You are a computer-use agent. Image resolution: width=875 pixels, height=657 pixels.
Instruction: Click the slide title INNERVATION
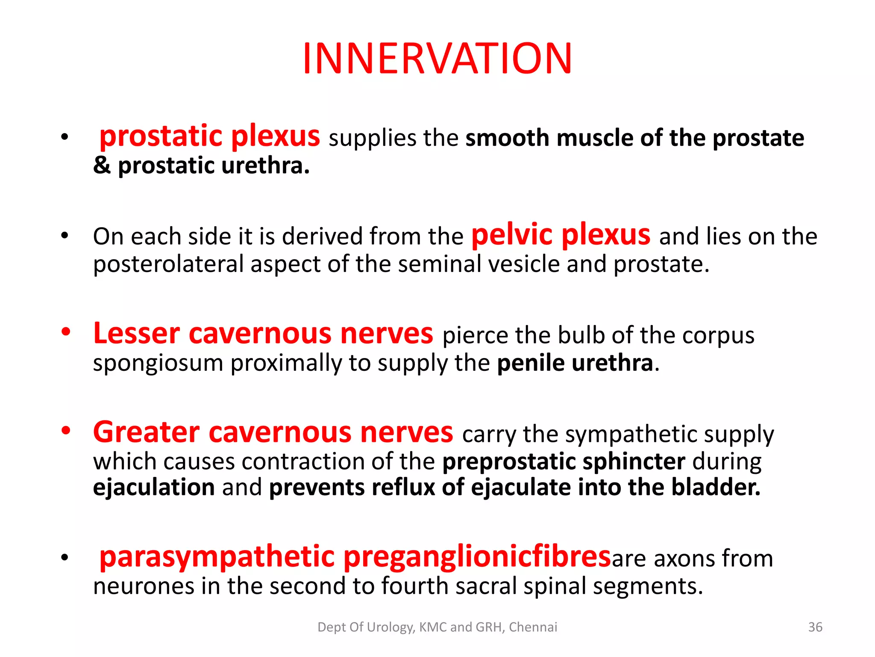[x=437, y=59]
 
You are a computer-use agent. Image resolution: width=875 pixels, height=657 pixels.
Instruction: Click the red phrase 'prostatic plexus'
[x=209, y=136]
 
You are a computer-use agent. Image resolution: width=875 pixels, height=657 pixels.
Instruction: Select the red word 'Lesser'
[x=137, y=334]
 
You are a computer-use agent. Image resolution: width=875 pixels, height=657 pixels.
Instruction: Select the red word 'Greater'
[x=147, y=432]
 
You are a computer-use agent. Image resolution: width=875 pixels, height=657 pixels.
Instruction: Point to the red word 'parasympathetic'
[x=217, y=558]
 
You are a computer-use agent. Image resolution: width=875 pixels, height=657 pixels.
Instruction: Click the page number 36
[x=815, y=627]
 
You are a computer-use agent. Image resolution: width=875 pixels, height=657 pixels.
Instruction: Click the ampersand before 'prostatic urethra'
[x=102, y=166]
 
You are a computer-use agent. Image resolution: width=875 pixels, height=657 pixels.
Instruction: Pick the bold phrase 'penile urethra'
[x=575, y=363]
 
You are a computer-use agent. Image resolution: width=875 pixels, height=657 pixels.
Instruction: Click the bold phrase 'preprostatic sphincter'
[x=564, y=462]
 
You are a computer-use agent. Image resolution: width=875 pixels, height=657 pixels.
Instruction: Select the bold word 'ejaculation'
[x=154, y=488]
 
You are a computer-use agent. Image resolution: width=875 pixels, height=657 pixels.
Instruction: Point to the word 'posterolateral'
[x=168, y=264]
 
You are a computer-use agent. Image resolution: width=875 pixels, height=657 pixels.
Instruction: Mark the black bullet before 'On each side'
[x=65, y=236]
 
